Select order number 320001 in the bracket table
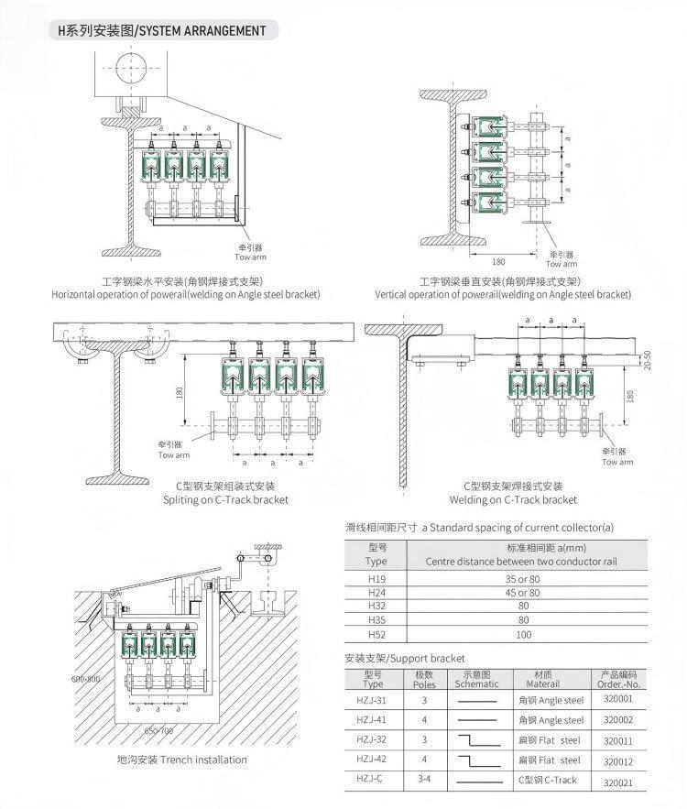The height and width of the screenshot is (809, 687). [618, 699]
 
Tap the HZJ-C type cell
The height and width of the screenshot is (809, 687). [373, 779]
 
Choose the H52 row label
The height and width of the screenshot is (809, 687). [376, 634]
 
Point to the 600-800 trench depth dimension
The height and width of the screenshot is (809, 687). [84, 680]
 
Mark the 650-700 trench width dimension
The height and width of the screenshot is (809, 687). [158, 730]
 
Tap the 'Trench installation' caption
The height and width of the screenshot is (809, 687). [181, 760]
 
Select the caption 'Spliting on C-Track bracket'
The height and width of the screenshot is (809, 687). [225, 499]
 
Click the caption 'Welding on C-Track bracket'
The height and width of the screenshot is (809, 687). [513, 499]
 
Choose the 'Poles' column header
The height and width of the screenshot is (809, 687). [424, 683]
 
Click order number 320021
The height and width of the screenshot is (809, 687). [618, 782]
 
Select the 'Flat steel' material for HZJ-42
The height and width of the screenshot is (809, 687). [550, 760]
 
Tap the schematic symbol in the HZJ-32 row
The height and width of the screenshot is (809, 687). [476, 739]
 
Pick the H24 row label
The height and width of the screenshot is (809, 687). [376, 592]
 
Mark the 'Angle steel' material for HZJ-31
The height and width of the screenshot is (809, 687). [551, 700]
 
